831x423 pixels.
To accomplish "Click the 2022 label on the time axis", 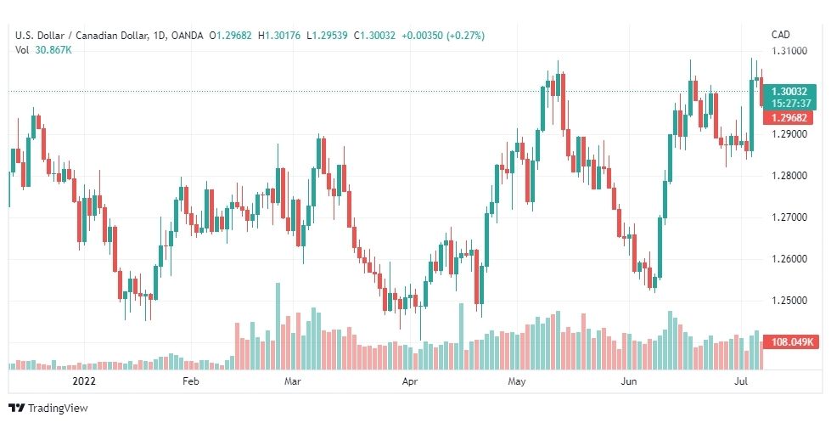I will pos(85,382).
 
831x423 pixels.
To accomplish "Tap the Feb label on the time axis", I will pos(190,382).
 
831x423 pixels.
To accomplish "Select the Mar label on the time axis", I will pos(293,382).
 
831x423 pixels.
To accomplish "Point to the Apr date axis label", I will pos(410,382).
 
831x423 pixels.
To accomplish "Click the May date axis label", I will pos(517,382).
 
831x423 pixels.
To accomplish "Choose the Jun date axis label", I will pos(629,382).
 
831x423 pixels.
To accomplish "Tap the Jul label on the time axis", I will pos(739,382).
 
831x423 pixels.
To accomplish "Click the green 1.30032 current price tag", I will pos(793,90).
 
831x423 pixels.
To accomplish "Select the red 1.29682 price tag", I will pos(793,117).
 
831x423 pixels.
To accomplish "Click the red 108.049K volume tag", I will pos(793,342).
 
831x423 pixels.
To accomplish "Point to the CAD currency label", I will pos(781,35).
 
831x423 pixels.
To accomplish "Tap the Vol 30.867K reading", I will pos(43,50).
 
